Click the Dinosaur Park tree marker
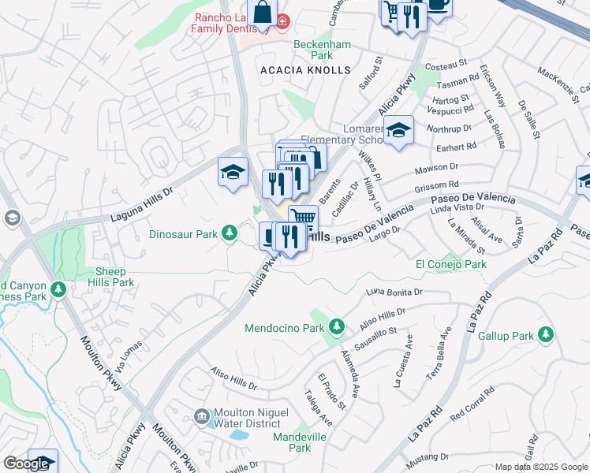pyautogui.click(x=229, y=233)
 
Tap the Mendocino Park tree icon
pyautogui.click(x=337, y=326)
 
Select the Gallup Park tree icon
pyautogui.click(x=544, y=335)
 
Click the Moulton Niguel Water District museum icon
pyautogui.click(x=201, y=415)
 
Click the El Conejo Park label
pyautogui.click(x=450, y=265)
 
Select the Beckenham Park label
pyautogui.click(x=322, y=50)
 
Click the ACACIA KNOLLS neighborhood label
pyautogui.click(x=305, y=70)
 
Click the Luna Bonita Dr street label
pyautogui.click(x=394, y=292)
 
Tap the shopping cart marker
pyautogui.click(x=303, y=218)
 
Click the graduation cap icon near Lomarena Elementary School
pyautogui.click(x=399, y=130)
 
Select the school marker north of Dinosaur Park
pyautogui.click(x=233, y=172)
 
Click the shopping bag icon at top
pyautogui.click(x=263, y=13)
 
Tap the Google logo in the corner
pyautogui.click(x=26, y=464)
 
